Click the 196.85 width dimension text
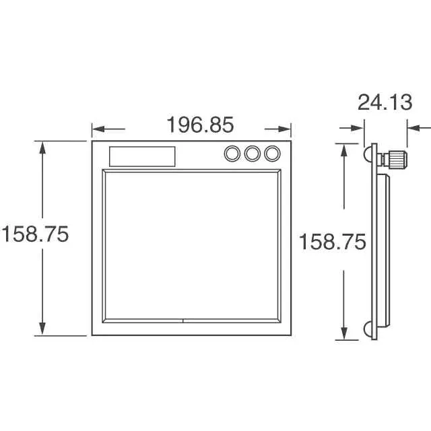[x=201, y=125]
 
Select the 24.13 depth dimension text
[x=385, y=102]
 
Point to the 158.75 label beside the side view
[x=332, y=242]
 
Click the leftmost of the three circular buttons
[x=232, y=154]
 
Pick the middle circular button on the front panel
[x=253, y=154]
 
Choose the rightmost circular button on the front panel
[x=272, y=154]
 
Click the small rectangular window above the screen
[x=142, y=156]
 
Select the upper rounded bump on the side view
[x=368, y=154]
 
